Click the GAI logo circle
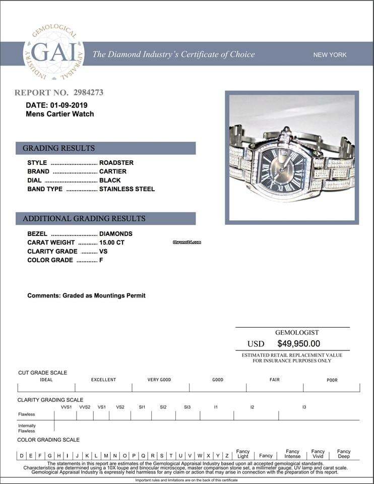click(54, 53)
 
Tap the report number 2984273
click(88, 93)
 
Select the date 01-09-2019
click(69, 105)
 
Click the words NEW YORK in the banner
click(330, 54)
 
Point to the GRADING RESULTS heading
click(58, 148)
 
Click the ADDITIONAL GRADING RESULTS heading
click(84, 218)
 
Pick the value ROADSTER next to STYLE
click(116, 163)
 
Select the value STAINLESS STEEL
click(127, 189)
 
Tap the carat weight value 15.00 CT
click(112, 243)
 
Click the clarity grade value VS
click(103, 251)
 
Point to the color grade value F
click(101, 260)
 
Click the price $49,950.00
click(298, 344)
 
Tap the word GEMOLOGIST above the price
click(297, 333)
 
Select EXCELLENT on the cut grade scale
click(103, 380)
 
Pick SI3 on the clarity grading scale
click(187, 407)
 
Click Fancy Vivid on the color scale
click(318, 454)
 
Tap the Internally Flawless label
click(27, 429)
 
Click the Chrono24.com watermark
click(187, 243)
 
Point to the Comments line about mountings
click(86, 295)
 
